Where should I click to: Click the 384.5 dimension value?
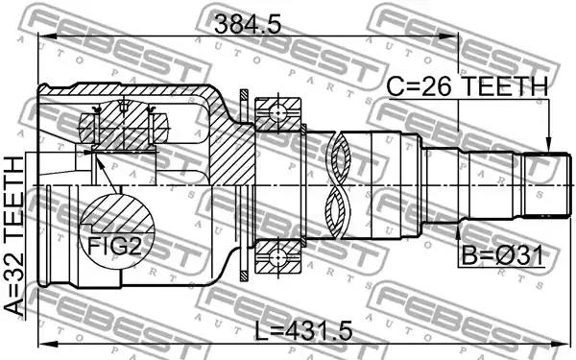[248, 25]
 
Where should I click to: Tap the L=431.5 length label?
[303, 330]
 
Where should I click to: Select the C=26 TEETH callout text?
[468, 87]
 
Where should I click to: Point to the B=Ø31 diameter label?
[502, 256]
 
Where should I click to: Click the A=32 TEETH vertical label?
[15, 236]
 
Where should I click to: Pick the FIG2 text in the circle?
[114, 246]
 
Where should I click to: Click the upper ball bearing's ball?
[277, 114]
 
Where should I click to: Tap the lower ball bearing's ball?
[277, 257]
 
